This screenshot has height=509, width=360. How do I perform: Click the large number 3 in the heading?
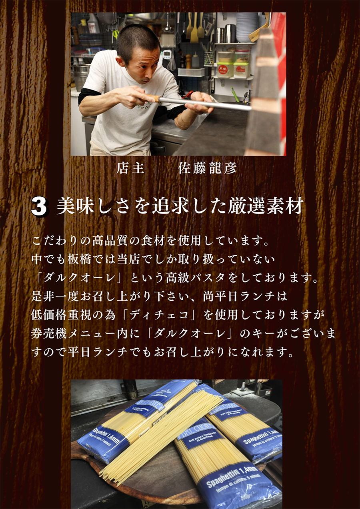(x=39, y=207)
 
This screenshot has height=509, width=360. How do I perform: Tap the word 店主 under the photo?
(x=130, y=168)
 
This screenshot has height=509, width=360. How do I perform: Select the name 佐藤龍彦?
(x=207, y=168)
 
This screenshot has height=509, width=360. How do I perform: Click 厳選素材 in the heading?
(x=266, y=206)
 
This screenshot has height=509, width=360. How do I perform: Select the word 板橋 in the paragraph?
(x=79, y=259)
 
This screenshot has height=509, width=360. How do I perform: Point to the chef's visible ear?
(x=120, y=61)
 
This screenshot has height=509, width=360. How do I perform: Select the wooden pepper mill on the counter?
(x=188, y=61)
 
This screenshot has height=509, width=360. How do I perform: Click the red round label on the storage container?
(x=222, y=69)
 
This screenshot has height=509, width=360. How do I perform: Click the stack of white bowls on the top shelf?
(x=246, y=27)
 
